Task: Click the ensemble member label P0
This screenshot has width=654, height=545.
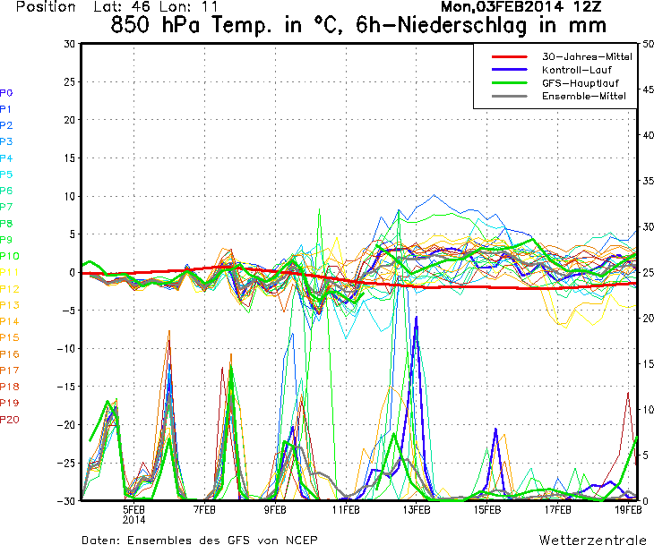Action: [x=6, y=92]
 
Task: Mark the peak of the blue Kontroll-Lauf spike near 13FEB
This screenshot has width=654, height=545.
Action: [x=417, y=319]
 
